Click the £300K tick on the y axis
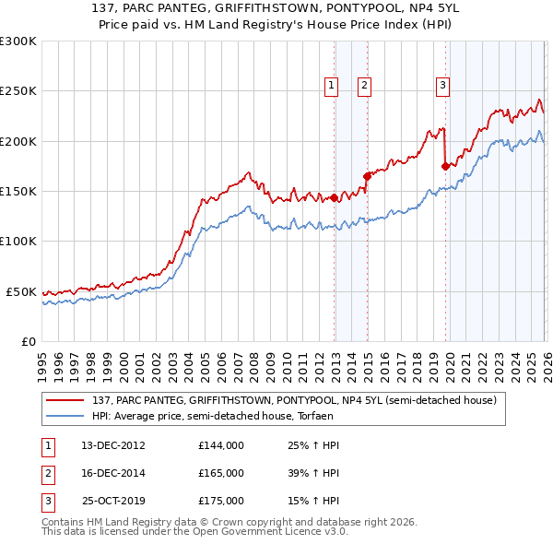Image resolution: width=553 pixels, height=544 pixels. coord(18,41)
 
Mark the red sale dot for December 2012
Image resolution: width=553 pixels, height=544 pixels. coord(335,197)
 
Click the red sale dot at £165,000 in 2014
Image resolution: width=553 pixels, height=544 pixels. coord(367,175)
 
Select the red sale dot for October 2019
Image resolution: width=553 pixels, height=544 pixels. coord(445,166)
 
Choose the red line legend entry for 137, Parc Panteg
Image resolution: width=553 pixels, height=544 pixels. coord(294,400)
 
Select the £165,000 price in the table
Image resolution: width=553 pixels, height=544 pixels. coord(221,473)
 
